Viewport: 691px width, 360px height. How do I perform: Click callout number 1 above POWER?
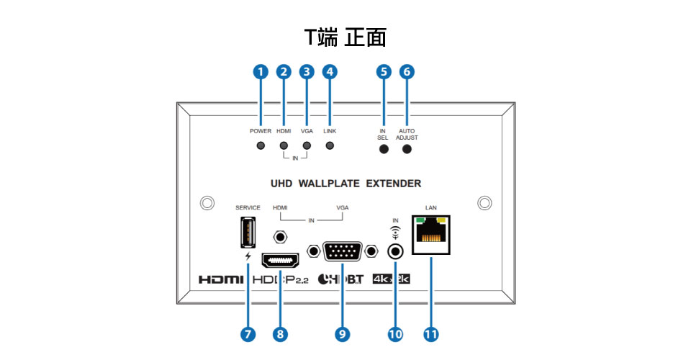[261, 71]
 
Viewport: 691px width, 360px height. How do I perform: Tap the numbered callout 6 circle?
[407, 71]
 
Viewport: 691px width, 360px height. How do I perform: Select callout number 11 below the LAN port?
[430, 334]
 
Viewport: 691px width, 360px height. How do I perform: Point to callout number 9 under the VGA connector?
[343, 334]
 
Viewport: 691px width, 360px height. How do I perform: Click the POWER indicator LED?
[261, 146]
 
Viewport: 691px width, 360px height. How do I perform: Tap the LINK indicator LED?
[330, 146]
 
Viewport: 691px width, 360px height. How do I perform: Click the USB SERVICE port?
[248, 232]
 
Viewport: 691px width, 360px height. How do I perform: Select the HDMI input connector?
[281, 259]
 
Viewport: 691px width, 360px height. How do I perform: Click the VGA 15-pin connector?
[343, 252]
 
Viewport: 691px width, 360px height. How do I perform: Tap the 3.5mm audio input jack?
[394, 252]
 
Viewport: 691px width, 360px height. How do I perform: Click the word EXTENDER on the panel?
[393, 184]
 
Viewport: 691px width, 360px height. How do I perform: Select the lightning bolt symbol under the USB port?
[248, 256]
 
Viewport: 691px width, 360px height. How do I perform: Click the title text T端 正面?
[345, 36]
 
